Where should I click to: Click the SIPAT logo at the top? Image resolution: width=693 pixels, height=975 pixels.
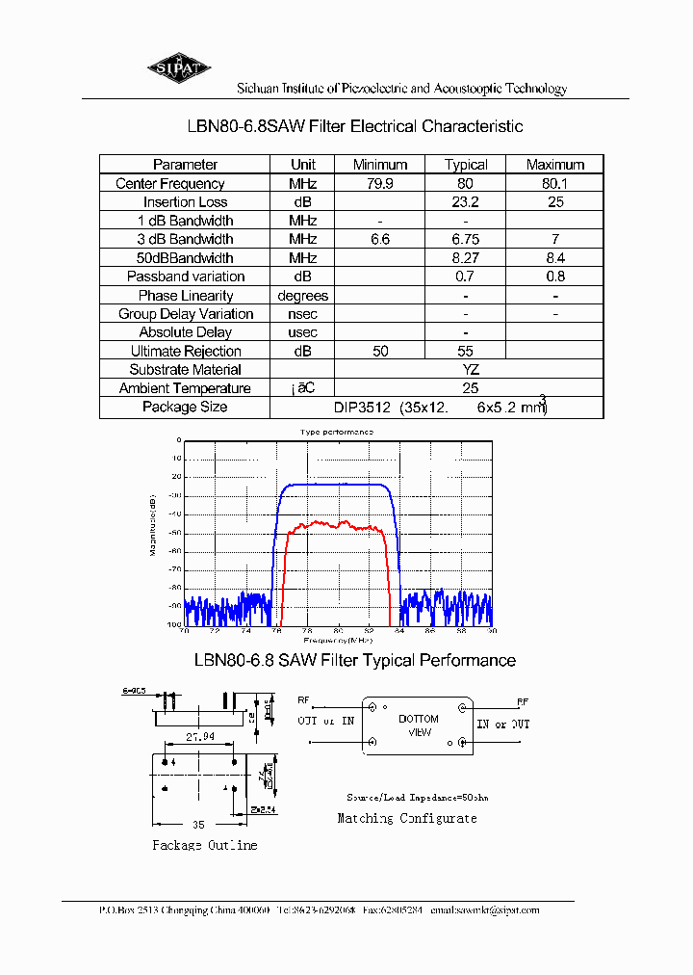click(x=178, y=67)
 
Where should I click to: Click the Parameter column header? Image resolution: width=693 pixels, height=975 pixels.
click(x=185, y=165)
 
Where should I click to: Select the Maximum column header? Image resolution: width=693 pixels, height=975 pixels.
click(x=555, y=165)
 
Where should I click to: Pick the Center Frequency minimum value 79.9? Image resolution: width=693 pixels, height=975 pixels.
click(x=380, y=183)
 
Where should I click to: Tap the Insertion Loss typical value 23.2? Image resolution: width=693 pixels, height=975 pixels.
click(x=466, y=202)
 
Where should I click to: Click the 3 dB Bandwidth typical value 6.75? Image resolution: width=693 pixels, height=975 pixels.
click(x=466, y=239)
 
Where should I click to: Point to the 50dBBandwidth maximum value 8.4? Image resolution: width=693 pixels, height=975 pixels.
click(x=555, y=258)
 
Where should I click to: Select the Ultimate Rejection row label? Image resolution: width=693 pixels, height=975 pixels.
click(x=186, y=352)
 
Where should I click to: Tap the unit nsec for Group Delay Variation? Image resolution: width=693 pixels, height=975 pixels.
click(x=302, y=314)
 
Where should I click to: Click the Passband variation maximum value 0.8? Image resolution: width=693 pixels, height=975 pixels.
click(x=555, y=277)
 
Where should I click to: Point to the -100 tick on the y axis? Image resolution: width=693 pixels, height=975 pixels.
click(x=175, y=624)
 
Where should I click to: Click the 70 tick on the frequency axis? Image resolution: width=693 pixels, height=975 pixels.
click(x=184, y=632)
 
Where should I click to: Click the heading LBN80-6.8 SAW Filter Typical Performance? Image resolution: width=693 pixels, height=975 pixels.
click(x=354, y=661)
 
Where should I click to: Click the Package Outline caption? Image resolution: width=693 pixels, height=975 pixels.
click(x=205, y=845)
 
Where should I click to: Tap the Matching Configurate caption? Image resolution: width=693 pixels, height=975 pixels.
click(x=406, y=818)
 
